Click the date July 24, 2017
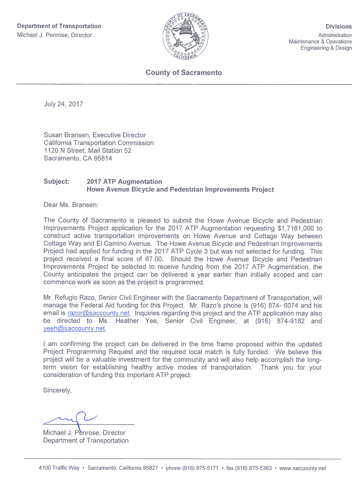click(x=63, y=104)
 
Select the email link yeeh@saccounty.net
click(x=74, y=329)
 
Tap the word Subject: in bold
click(x=57, y=182)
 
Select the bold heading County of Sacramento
click(x=183, y=72)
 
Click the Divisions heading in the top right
click(x=338, y=27)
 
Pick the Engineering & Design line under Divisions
click(x=326, y=48)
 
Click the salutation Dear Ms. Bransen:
click(x=71, y=205)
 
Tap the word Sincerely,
click(x=58, y=390)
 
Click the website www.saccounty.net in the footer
click(x=303, y=468)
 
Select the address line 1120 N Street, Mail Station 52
click(x=87, y=151)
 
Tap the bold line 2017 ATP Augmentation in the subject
click(x=124, y=182)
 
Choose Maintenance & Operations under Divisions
click(x=320, y=41)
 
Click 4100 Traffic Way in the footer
click(x=59, y=468)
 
